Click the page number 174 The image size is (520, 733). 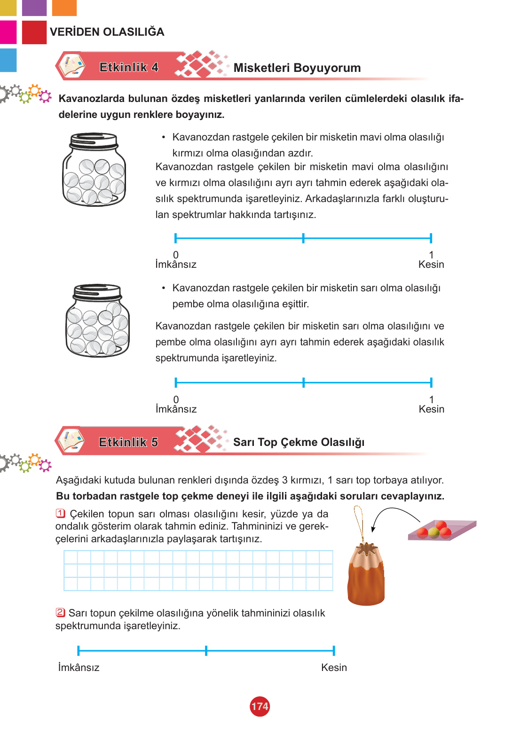(x=260, y=706)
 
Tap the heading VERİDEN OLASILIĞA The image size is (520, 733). (x=107, y=32)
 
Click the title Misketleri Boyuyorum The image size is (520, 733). (x=297, y=68)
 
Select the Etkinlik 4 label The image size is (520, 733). (x=129, y=67)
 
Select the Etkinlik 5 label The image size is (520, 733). (x=128, y=442)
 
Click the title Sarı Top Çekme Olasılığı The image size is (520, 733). (x=299, y=442)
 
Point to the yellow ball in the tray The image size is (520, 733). (x=434, y=533)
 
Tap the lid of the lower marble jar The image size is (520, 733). (x=97, y=292)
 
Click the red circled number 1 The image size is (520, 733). (x=61, y=513)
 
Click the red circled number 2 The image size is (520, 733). (x=61, y=612)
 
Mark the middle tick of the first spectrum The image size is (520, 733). (x=303, y=238)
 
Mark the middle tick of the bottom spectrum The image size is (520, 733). (x=206, y=650)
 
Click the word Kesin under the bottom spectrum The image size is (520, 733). (x=334, y=668)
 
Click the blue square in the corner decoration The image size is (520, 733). (x=8, y=60)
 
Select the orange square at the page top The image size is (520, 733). (x=64, y=8)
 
